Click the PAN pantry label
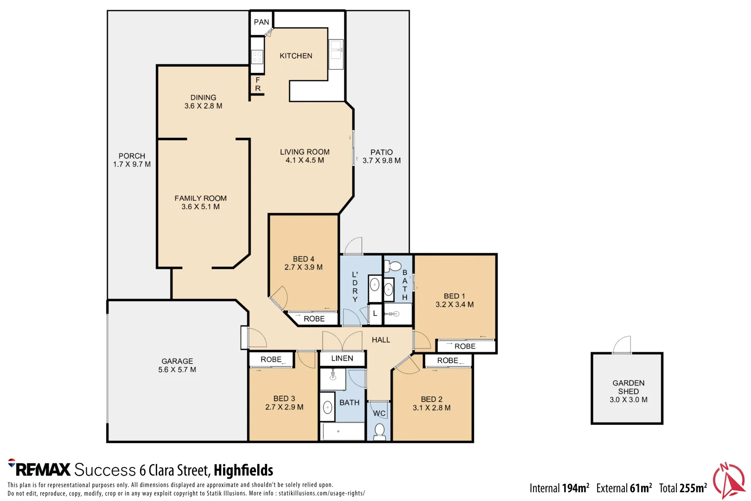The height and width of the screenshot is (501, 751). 261,22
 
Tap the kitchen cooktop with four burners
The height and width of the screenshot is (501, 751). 257,57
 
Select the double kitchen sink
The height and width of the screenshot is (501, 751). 336,54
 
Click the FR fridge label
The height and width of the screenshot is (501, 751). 258,84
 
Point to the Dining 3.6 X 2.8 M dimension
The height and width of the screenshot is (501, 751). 203,106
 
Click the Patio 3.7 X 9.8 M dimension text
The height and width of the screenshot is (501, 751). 382,161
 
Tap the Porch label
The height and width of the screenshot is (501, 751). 132,156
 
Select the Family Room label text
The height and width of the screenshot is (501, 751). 200,199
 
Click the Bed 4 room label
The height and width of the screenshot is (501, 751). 304,259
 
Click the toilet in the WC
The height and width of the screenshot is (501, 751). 380,432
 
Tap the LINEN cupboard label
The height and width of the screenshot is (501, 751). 342,359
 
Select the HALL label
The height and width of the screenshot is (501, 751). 381,340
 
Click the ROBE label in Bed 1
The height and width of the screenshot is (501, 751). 465,347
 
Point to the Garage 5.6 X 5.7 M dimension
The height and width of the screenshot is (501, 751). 177,370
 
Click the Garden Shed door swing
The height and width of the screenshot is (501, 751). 622,345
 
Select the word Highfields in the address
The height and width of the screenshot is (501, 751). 243,470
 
